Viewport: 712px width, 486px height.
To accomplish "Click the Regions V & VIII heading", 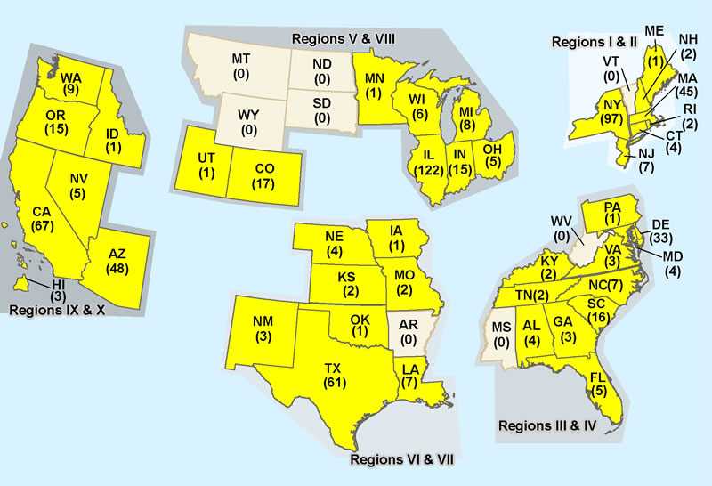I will [344, 38].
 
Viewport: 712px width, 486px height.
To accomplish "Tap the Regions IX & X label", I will [55, 311].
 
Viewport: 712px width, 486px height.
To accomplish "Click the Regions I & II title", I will [590, 42].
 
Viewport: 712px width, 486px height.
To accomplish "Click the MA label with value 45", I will [686, 87].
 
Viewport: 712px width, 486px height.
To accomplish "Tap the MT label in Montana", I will [239, 66].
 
